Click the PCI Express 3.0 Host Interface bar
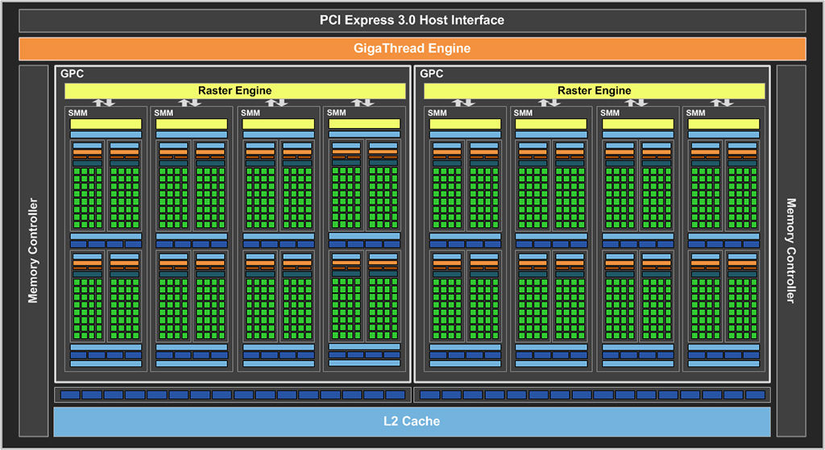(412, 20)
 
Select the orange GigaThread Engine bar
(412, 48)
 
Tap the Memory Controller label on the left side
(33, 250)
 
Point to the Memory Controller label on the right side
(791, 250)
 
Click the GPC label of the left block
(72, 73)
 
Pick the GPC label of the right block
(432, 73)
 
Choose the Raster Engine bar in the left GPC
(234, 91)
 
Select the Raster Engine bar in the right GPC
(594, 91)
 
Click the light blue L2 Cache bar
(412, 421)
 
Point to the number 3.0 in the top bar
(407, 20)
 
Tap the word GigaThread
(389, 48)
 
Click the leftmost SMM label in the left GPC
(78, 113)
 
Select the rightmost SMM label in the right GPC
(695, 113)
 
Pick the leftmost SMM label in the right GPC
(437, 113)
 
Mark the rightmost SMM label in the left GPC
(336, 113)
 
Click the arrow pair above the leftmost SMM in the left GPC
(104, 102)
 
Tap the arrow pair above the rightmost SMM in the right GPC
(722, 102)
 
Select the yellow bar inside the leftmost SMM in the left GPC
(106, 124)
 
